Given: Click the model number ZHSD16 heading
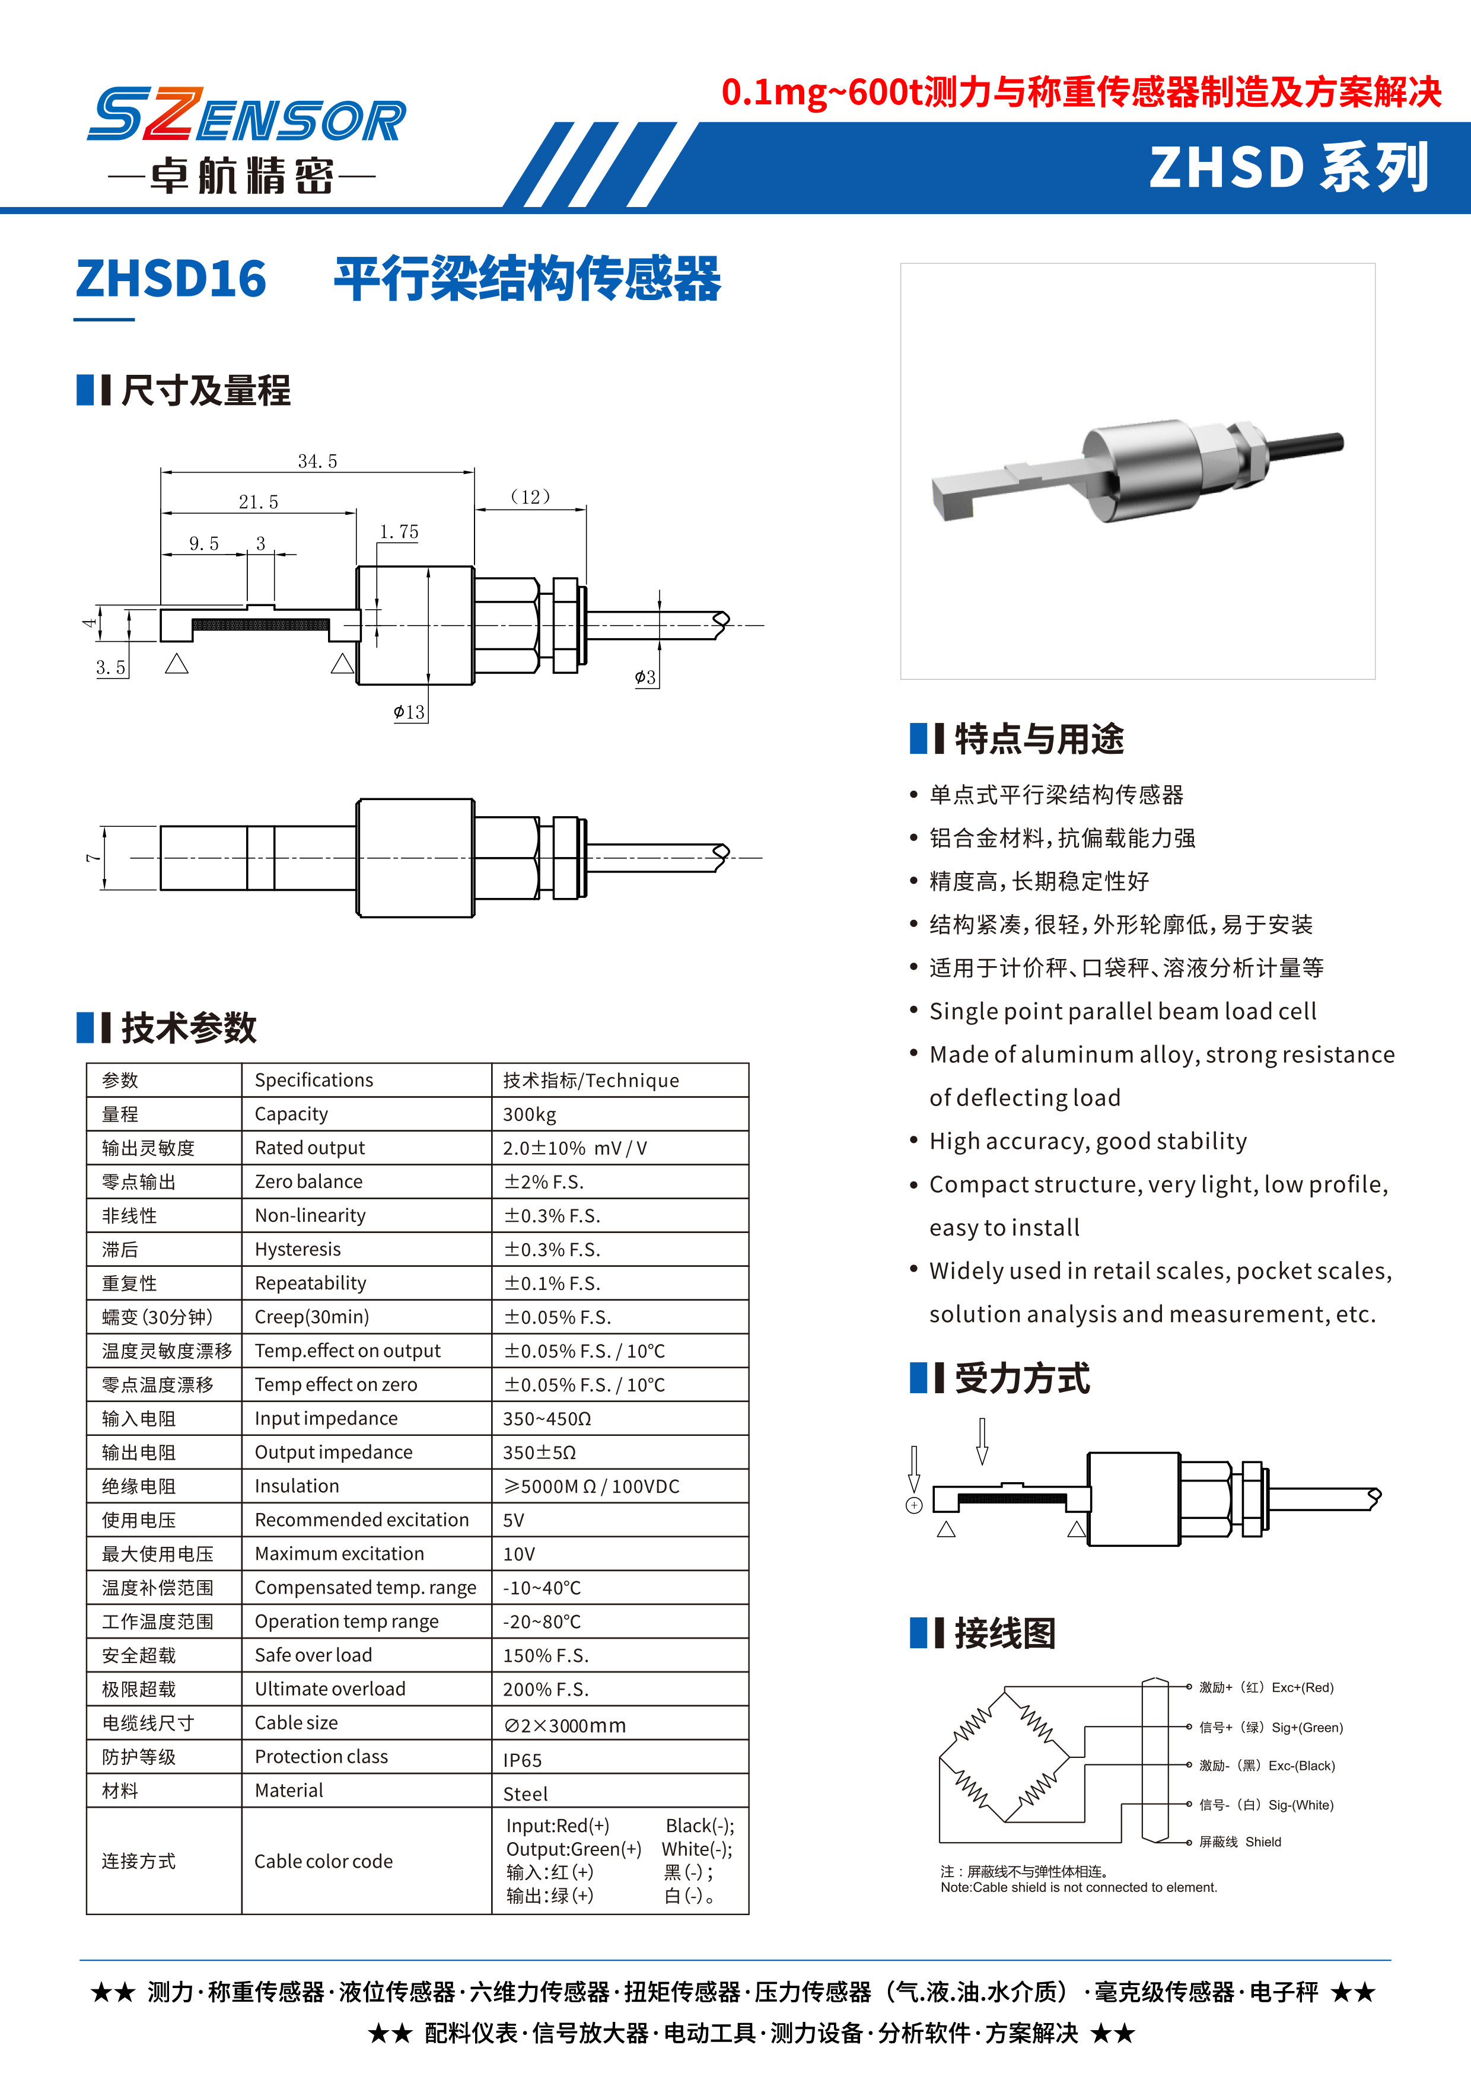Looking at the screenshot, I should click(171, 279).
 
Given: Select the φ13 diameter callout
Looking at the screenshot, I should click(409, 712).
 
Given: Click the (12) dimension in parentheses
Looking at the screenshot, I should click(530, 496).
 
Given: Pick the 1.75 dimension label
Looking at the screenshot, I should click(399, 532).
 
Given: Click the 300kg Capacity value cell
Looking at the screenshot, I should click(530, 1114).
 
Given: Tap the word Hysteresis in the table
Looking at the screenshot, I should click(297, 1249).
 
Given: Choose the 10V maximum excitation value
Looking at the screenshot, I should click(519, 1555).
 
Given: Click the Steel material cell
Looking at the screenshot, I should click(526, 1794).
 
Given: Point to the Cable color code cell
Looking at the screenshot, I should click(323, 1861).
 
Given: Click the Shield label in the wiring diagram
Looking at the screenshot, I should click(1263, 1842).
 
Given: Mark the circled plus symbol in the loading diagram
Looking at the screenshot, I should click(914, 1505).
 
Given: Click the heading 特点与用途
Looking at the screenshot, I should click(1039, 739).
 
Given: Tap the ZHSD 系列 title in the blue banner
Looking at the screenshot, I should click(1289, 168).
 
